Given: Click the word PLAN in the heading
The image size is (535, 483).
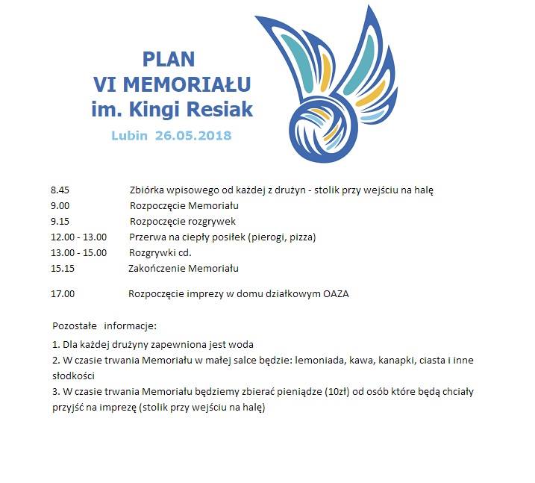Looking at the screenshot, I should pos(169,59).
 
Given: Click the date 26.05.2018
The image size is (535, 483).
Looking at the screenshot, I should pos(194,136).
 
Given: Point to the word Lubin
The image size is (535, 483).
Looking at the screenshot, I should pos(130,136).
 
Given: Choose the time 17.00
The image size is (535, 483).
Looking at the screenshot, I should pos(63,293).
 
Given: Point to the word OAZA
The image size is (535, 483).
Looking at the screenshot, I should pos(335,293).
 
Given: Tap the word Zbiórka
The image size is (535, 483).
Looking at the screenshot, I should pos(148,190).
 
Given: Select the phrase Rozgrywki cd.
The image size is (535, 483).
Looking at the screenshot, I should pos(160,252).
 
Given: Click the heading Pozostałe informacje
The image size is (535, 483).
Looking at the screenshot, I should pos(104,326).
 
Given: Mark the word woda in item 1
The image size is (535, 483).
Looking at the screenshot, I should pos(242,344).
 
